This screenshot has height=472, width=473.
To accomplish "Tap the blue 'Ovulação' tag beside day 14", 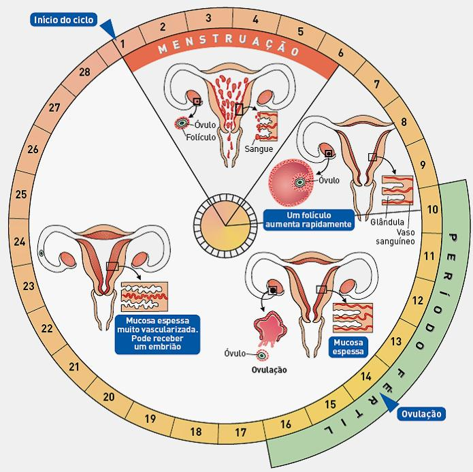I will tap(421, 413).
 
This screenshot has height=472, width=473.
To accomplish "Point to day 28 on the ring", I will tap(85, 73).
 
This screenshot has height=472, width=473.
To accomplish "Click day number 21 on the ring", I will tap(74, 368).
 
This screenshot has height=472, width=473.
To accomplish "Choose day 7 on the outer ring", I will tap(376, 85).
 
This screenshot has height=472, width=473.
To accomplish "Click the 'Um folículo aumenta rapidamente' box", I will tap(309, 219).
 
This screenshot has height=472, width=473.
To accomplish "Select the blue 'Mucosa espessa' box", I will tap(346, 347).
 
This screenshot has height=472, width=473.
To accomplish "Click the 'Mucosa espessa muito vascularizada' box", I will tap(158, 334).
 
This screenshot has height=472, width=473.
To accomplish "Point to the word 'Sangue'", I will tap(259, 148).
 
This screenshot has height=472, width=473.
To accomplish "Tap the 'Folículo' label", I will tap(201, 136).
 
